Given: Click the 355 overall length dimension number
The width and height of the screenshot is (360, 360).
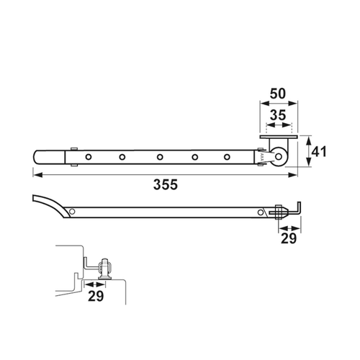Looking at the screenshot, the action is pos(166,184).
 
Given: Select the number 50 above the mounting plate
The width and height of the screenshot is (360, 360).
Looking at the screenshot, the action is pos(278,94).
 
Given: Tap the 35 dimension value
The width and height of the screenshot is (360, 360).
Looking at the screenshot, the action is pos(278,115).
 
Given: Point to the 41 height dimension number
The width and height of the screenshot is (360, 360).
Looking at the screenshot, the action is pos(319,152).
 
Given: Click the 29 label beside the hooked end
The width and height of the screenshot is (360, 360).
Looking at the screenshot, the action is pos(289,238).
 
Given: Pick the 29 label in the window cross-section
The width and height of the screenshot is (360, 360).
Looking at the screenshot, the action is pos(96,296).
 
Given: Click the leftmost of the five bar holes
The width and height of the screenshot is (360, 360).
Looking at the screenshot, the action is pos(89,157).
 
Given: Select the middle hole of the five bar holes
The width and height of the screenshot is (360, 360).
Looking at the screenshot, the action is pos(160,157).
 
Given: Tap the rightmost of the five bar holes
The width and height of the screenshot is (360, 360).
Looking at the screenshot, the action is pos(227,157).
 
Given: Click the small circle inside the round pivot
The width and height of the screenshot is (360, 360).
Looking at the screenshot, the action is pos(279,157).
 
